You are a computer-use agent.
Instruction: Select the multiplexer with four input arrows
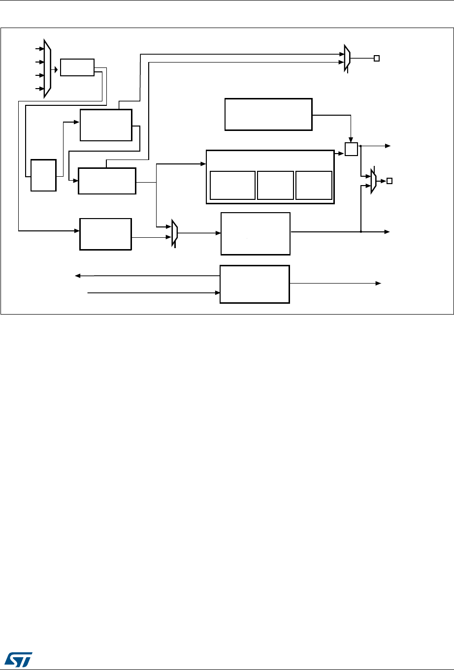[47, 69]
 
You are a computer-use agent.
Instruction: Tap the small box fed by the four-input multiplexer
[77, 67]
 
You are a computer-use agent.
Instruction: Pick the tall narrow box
[43, 175]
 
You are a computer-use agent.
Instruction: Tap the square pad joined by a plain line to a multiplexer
[377, 59]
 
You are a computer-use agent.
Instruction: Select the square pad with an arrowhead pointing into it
[389, 181]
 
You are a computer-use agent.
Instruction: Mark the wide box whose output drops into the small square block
[268, 114]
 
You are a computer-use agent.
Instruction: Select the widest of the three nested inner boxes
[232, 185]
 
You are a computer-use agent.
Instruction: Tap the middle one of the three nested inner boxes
[275, 185]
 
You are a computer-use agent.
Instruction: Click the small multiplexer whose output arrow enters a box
[174, 233]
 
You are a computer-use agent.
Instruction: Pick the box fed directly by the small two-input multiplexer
[256, 234]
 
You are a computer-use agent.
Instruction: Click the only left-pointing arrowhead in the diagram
[77, 276]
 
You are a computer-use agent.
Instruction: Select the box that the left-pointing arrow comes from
[255, 284]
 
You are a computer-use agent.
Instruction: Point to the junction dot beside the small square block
[361, 146]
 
